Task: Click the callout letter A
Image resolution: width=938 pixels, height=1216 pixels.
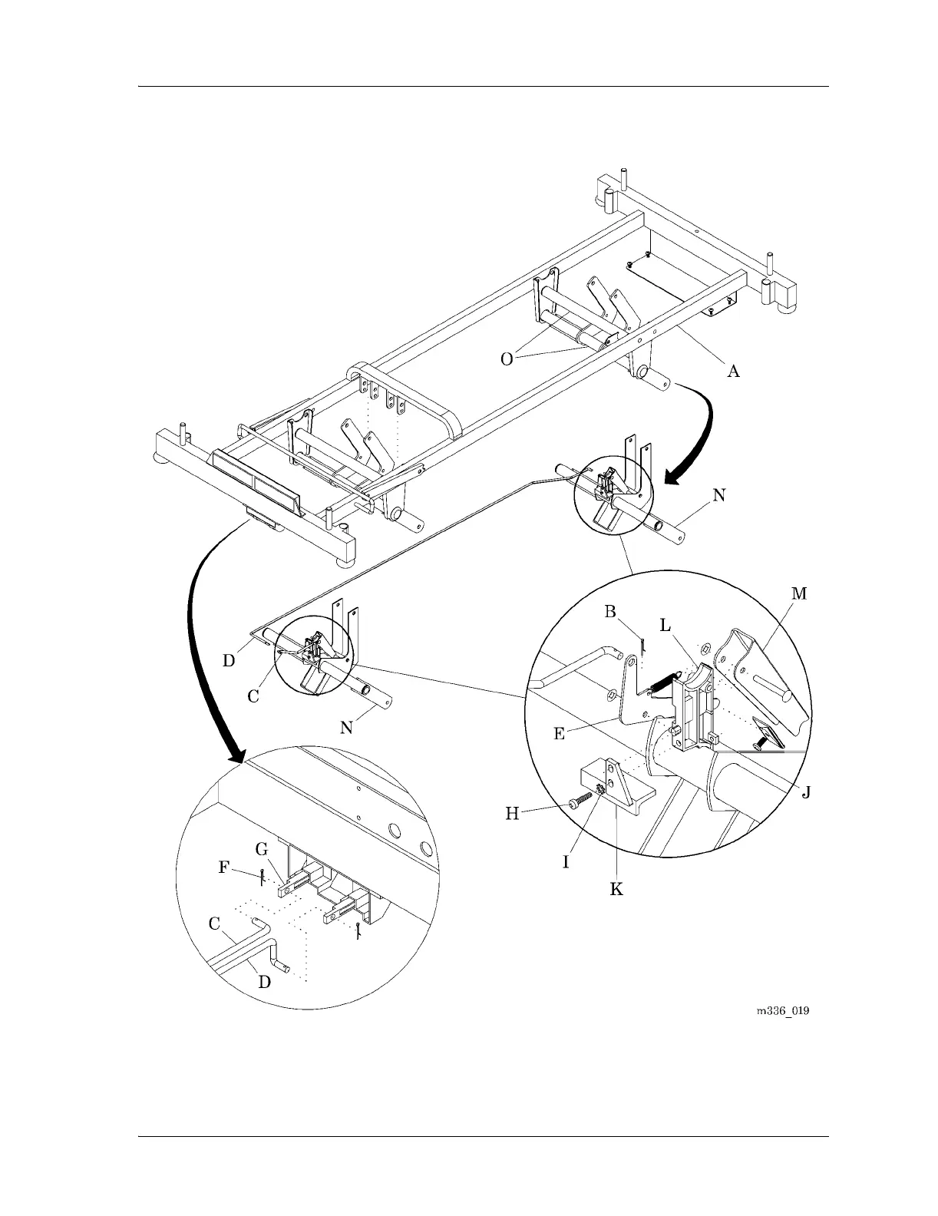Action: [734, 372]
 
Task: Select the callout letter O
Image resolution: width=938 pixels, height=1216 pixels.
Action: [507, 359]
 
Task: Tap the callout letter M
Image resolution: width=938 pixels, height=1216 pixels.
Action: [799, 593]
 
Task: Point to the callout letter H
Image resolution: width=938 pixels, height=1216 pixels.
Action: [513, 814]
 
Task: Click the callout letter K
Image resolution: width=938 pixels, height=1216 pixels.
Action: [616, 889]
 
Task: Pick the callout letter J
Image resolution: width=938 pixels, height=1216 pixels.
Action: [806, 791]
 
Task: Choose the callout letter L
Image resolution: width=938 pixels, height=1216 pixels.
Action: [666, 626]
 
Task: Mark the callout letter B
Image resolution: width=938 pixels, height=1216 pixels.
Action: [610, 611]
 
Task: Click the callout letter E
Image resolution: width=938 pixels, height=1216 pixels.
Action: [560, 734]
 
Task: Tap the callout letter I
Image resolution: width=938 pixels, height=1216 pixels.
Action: [566, 862]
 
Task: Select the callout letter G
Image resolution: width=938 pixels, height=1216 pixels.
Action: [262, 848]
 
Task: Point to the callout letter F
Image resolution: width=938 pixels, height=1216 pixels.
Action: [223, 867]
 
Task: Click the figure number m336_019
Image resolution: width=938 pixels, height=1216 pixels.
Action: [782, 1011]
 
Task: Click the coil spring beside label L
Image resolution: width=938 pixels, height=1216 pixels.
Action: [662, 681]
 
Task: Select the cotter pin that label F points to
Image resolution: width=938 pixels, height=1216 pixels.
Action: [263, 876]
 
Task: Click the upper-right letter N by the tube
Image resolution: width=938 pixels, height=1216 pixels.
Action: [718, 495]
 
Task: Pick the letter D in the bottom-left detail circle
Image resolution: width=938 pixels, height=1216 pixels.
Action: [263, 982]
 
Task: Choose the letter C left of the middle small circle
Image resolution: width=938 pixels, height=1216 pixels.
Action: [253, 696]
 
